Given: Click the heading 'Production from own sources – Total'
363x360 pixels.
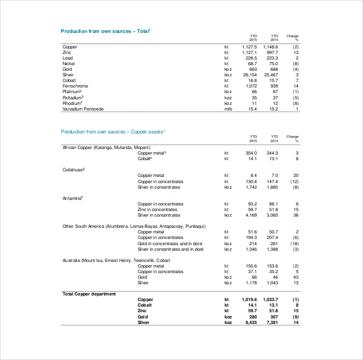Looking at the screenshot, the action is tap(105, 30).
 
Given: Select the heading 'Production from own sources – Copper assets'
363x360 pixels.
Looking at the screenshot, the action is tap(112, 132).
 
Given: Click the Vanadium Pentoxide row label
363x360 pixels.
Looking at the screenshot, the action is tap(83, 109).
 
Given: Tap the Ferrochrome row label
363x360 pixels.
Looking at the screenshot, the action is tap(76, 86).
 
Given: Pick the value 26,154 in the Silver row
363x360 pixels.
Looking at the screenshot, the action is tap(249, 74).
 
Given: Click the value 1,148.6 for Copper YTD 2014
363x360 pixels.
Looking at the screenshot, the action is tap(270, 47).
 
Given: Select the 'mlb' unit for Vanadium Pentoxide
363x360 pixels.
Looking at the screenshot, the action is tap(227, 109).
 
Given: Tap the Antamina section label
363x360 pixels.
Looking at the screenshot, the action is tap(73, 198).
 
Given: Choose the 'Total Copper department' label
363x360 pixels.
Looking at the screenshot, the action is tap(89, 294).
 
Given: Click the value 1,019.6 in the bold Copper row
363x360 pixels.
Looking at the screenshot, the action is tap(248, 300).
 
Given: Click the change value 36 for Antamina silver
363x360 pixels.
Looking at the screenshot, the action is tap(297, 215).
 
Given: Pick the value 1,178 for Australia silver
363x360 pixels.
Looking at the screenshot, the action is tap(249, 283).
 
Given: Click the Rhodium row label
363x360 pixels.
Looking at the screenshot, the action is tap(73, 103).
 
